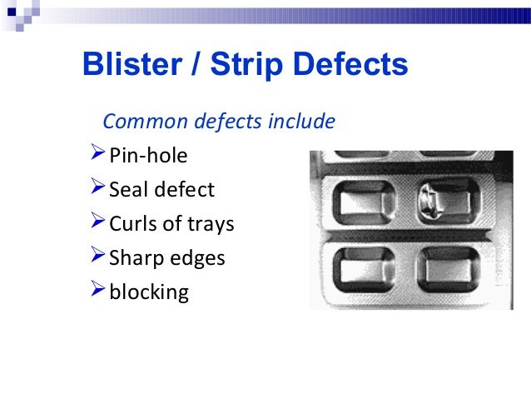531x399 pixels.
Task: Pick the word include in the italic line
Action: coord(300,122)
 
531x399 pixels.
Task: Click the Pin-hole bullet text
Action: coord(148,156)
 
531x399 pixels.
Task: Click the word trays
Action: coord(210,225)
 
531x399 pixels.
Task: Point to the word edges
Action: coord(197,259)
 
